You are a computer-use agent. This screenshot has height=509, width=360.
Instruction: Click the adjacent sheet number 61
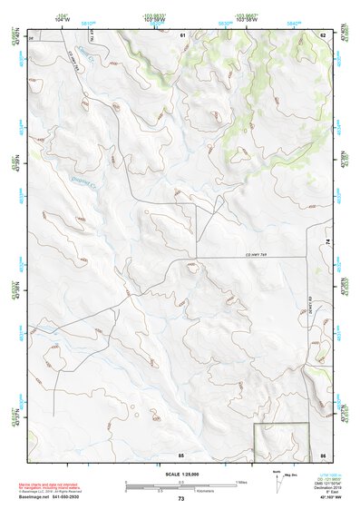click(182, 34)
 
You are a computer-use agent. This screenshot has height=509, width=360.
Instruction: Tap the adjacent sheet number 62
click(322, 34)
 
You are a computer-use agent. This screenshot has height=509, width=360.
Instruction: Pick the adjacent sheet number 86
click(322, 455)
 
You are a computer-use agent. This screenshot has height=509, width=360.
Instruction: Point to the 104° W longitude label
click(62, 15)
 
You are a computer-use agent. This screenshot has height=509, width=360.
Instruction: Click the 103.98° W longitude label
click(153, 15)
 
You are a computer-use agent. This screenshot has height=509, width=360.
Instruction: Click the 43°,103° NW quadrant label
click(322, 499)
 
